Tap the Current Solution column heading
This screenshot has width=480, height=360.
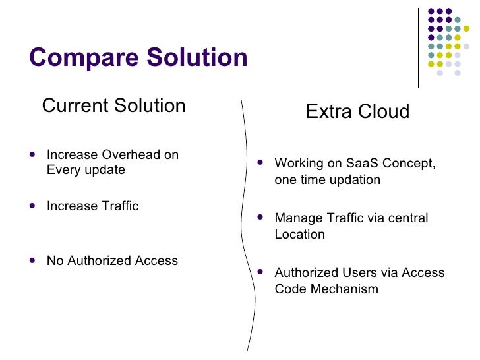[113, 105]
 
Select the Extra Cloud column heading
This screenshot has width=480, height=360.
[357, 111]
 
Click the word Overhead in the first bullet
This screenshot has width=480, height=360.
[130, 155]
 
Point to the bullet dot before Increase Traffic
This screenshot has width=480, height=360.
[33, 205]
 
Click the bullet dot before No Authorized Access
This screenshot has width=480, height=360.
[33, 260]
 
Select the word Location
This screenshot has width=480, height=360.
[299, 235]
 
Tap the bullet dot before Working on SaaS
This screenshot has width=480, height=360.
[260, 161]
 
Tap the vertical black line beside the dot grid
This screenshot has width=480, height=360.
[419, 46]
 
